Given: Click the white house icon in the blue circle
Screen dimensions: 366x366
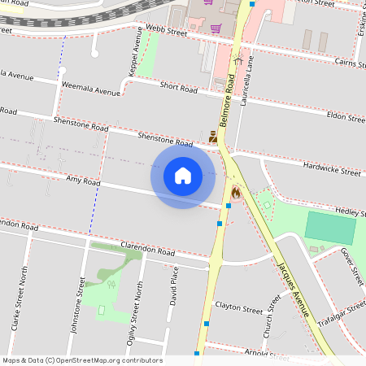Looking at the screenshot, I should (x=183, y=175).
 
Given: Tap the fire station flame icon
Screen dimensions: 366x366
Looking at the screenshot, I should (x=236, y=192).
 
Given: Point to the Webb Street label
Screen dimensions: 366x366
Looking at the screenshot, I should (x=167, y=31).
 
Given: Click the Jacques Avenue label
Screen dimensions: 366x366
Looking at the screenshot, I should (x=293, y=289).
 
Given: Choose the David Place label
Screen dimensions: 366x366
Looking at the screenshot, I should (x=173, y=289).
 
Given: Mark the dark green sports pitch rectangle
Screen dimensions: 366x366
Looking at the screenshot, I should (x=331, y=226).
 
